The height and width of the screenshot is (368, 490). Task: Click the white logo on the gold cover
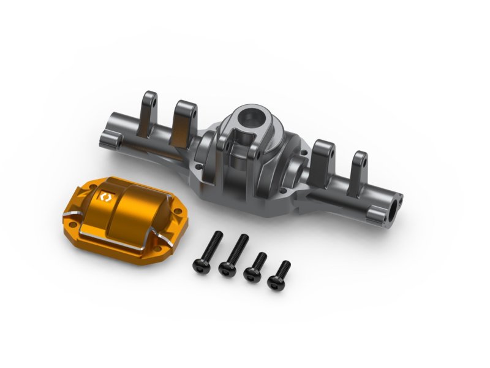[x=105, y=197]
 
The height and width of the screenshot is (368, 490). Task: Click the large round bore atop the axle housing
[x=246, y=117]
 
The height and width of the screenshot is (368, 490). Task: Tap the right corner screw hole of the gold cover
[x=177, y=214]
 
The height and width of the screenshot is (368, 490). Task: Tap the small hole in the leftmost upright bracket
[x=153, y=98]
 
